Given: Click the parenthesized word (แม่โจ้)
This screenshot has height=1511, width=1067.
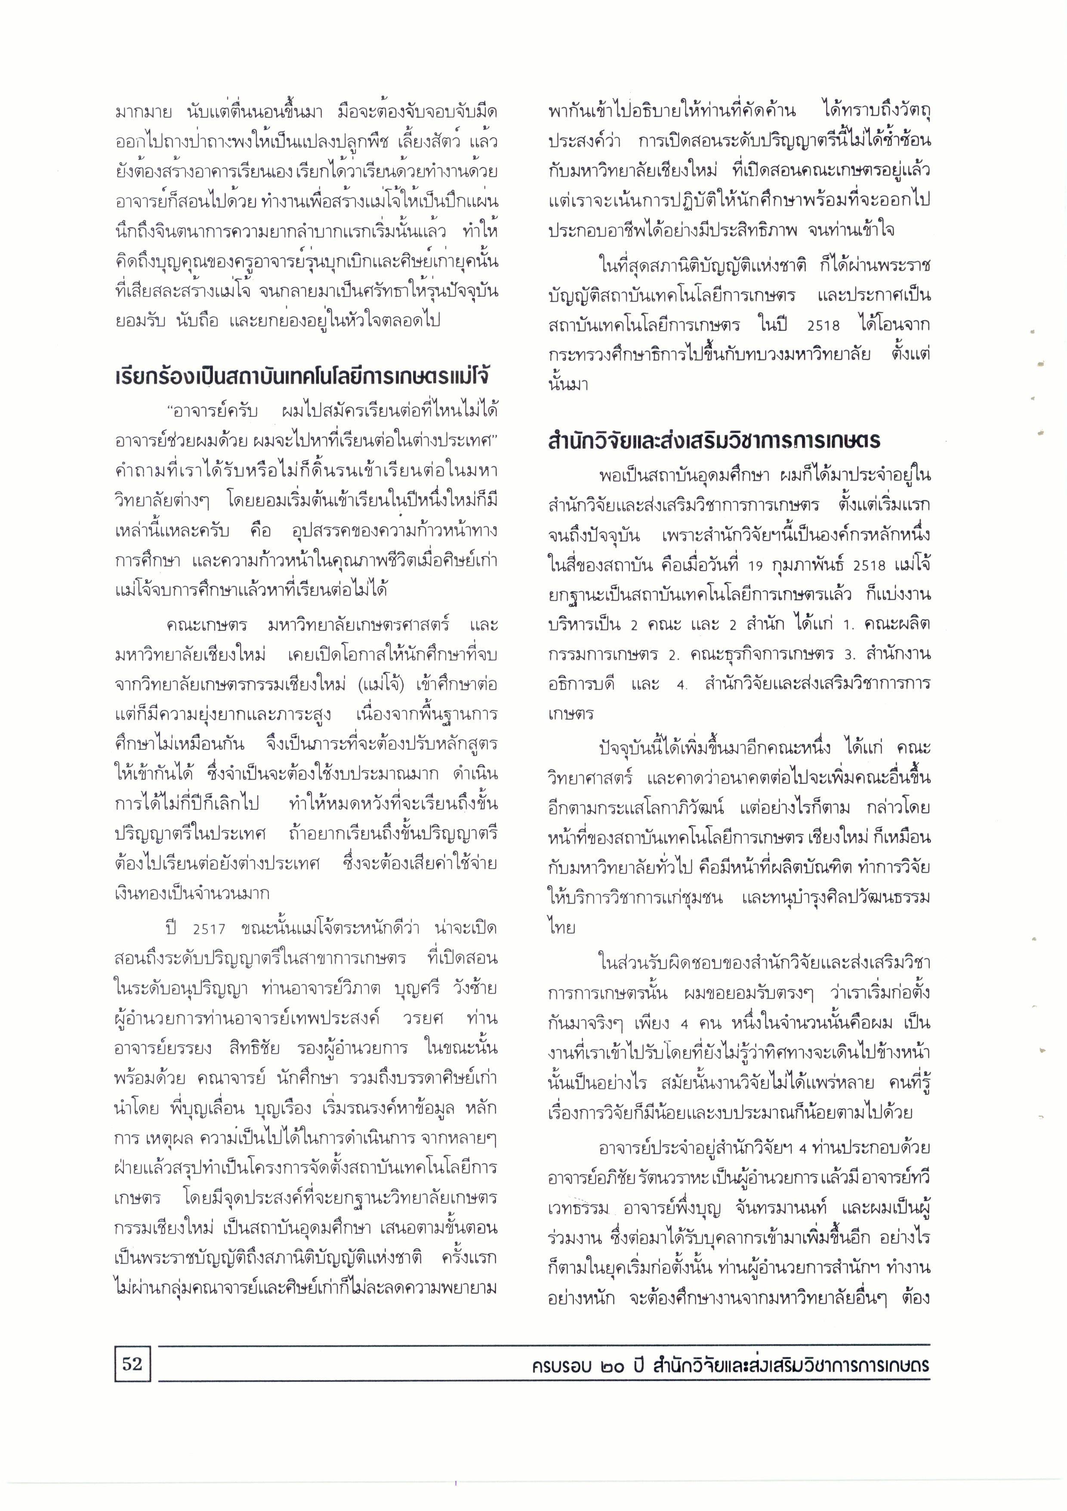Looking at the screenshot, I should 380,685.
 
